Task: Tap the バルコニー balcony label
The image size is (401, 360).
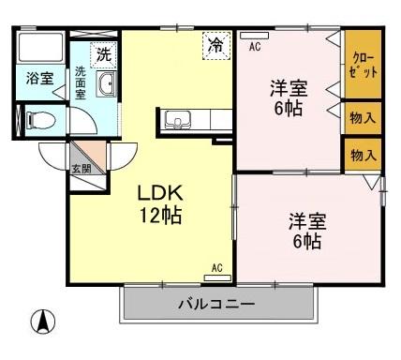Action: [216, 305]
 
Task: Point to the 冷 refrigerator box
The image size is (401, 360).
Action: [215, 45]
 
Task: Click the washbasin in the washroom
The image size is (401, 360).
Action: [105, 84]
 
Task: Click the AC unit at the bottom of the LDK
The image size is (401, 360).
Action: [216, 272]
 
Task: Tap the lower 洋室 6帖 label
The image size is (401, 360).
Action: [305, 232]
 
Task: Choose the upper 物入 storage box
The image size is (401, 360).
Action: [362, 118]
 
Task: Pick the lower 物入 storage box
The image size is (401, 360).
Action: [362, 155]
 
